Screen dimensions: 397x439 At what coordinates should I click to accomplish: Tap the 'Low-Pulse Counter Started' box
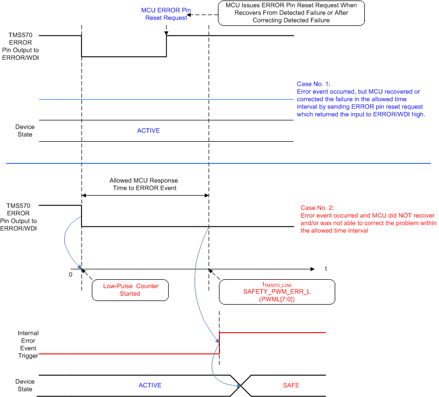coord(130,290)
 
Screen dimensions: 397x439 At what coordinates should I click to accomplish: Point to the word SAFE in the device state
coord(291,385)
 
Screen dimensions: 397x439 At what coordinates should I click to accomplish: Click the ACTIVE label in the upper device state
coord(148,131)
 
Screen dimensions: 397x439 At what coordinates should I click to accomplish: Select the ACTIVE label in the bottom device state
coord(150,385)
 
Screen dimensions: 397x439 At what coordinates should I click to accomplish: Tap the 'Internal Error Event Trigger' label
coord(28,345)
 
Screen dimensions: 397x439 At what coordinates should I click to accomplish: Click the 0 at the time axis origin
coord(71,273)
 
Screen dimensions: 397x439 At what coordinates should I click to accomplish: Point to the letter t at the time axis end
coord(326,269)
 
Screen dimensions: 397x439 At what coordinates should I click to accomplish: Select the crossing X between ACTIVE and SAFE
coord(241,385)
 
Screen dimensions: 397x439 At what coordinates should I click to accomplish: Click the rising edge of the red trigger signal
coord(219,343)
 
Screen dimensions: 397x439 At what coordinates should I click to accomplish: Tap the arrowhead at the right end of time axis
coord(312,269)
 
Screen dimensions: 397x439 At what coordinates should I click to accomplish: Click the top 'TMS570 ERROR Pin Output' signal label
coord(23,46)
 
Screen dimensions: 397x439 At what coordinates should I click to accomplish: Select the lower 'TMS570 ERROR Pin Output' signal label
coord(23,216)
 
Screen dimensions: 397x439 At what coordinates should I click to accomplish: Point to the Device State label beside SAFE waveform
coord(24,385)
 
